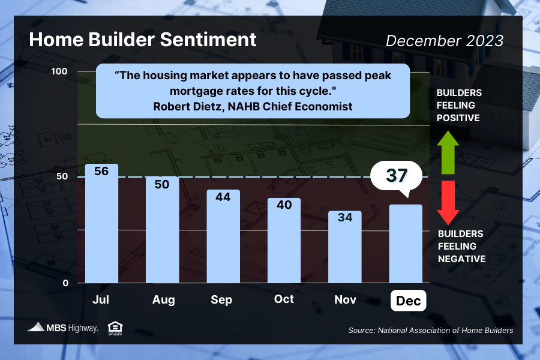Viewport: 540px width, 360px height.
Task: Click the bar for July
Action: point(101,228)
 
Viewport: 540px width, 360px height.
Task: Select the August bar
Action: point(163,234)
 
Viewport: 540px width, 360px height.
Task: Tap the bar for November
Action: point(344,249)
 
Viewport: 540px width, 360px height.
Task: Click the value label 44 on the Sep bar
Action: point(223,197)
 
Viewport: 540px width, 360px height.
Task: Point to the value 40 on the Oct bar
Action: point(284,205)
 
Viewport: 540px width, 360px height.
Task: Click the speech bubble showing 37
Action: point(397,176)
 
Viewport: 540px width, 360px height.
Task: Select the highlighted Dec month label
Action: point(408,300)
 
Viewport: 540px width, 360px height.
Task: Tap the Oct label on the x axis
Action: point(284,299)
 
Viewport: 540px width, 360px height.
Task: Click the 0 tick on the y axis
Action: point(66,283)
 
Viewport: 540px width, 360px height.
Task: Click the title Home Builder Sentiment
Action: point(143,40)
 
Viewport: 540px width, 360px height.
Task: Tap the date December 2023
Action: point(445,41)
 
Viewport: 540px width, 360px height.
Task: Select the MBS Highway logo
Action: point(63,328)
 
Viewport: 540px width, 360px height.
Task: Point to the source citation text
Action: point(431,331)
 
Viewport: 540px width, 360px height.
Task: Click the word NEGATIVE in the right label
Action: point(461,259)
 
